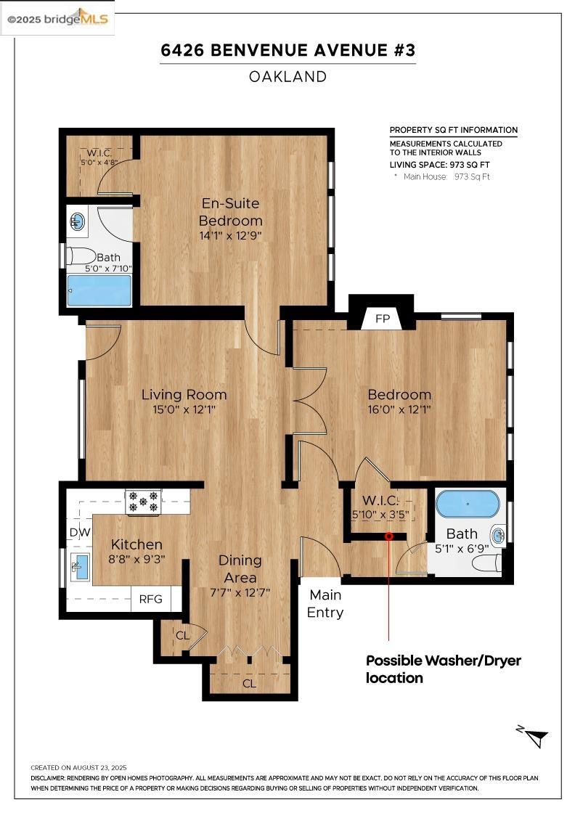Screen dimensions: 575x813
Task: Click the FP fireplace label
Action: pyautogui.click(x=382, y=319)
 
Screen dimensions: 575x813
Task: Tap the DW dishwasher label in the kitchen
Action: pyautogui.click(x=80, y=532)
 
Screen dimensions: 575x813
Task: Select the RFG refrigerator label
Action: pyautogui.click(x=150, y=599)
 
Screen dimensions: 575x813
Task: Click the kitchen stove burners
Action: pyautogui.click(x=143, y=502)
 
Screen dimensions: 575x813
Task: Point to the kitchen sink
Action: pyautogui.click(x=80, y=567)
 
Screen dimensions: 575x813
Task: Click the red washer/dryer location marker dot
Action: pyautogui.click(x=389, y=536)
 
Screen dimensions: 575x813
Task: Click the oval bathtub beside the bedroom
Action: pyautogui.click(x=468, y=504)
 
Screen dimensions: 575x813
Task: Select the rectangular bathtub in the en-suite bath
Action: pyautogui.click(x=99, y=290)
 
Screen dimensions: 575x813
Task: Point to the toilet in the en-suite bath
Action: pyautogui.click(x=83, y=256)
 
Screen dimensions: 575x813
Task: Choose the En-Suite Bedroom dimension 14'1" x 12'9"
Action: pyautogui.click(x=230, y=235)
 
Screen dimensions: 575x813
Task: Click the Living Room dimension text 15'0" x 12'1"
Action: pyautogui.click(x=184, y=409)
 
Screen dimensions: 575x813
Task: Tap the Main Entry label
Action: pyautogui.click(x=325, y=603)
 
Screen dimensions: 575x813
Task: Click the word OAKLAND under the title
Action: pyautogui.click(x=287, y=77)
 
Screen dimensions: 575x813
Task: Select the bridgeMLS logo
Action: pyautogui.click(x=57, y=19)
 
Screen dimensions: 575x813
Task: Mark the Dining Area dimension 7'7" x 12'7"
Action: pyautogui.click(x=240, y=592)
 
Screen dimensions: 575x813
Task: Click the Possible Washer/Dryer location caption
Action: pyautogui.click(x=444, y=669)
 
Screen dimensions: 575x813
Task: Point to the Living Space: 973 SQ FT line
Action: pyautogui.click(x=440, y=165)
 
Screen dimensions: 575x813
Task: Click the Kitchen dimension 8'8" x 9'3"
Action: pyautogui.click(x=137, y=560)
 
